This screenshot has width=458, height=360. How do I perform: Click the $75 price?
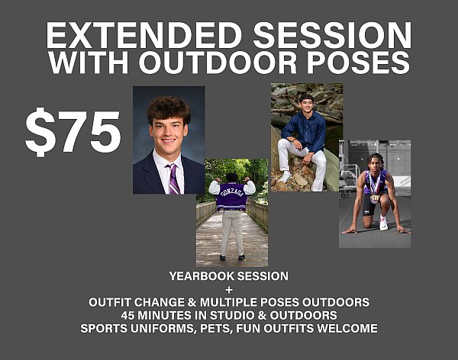pos(73,131)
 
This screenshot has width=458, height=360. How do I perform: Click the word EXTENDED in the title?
pos(144,36)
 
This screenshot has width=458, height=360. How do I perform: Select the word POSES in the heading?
pos(358,63)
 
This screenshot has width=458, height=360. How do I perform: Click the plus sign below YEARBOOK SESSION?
pos(229,290)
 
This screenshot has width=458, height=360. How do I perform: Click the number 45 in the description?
pos(127,315)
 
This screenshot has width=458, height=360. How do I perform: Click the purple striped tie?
pos(173,178)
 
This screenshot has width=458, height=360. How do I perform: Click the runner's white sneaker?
pos(383,223)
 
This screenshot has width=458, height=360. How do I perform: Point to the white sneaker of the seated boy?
pos(285,176)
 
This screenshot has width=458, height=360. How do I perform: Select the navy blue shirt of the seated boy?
pos(305,128)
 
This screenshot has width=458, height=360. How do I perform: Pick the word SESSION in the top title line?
pos(332,36)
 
